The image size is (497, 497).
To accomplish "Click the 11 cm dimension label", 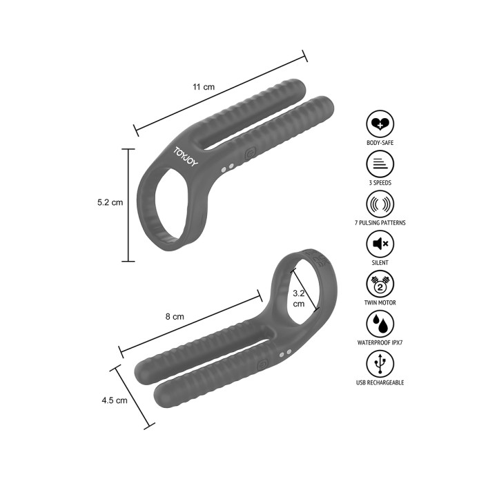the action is (x=204, y=87).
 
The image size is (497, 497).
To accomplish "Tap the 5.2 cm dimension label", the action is (x=110, y=202).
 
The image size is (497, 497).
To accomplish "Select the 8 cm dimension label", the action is (x=175, y=316).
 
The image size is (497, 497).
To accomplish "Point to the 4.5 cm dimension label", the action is (x=115, y=400).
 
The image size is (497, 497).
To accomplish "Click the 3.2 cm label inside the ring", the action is (x=299, y=298).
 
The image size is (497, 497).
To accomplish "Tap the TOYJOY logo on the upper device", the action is (x=186, y=156).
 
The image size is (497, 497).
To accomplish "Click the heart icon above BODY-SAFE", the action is (x=380, y=124).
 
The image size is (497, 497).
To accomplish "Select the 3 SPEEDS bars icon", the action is (x=380, y=164).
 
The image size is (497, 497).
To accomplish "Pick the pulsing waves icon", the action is (x=380, y=204).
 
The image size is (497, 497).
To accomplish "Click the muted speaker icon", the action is (x=380, y=244).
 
